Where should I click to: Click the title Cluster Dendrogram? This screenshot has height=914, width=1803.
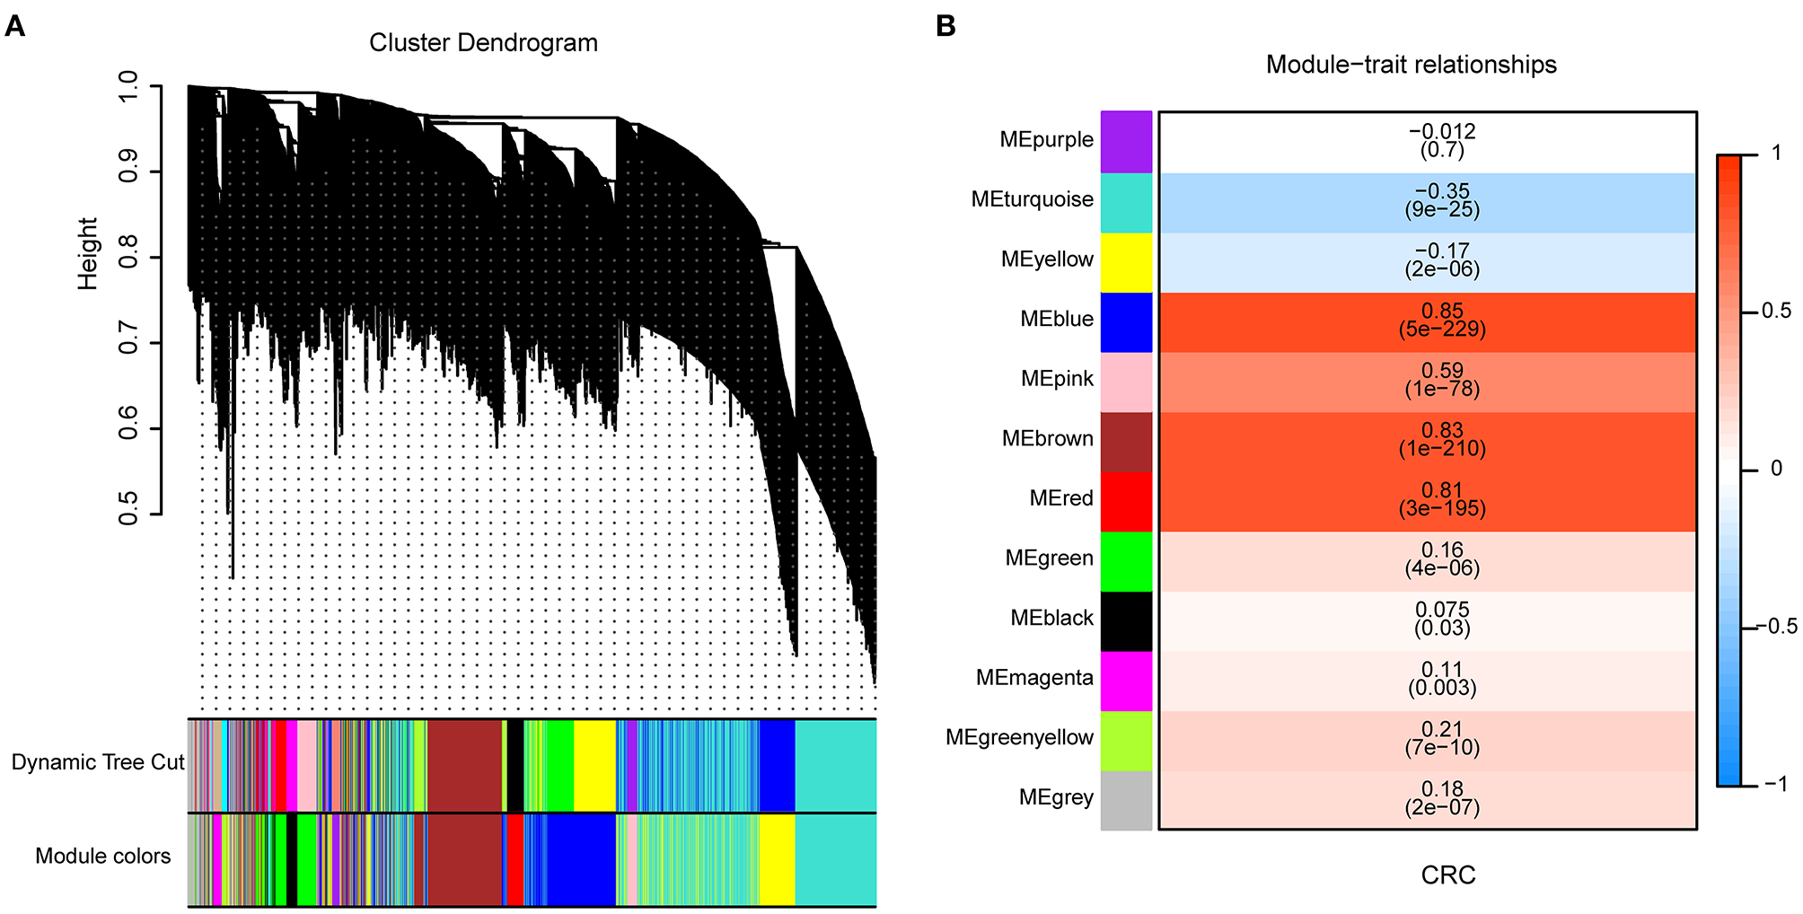(483, 43)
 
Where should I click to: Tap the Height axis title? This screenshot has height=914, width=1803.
(87, 253)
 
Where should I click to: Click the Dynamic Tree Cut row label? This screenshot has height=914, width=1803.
(97, 762)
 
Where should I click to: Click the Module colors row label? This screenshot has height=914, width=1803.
(102, 857)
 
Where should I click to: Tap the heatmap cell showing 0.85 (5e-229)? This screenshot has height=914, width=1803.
(1428, 321)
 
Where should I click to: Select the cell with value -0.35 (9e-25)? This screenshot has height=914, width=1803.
(1428, 202)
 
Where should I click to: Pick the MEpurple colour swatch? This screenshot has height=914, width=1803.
(1126, 142)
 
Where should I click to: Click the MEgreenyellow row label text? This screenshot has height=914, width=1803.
(1019, 738)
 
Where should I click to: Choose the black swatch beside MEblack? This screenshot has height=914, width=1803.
(1126, 620)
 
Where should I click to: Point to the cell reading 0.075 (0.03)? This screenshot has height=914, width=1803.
(1428, 620)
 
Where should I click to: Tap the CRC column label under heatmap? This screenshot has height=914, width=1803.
(1447, 875)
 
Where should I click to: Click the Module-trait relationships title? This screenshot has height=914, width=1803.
(1411, 65)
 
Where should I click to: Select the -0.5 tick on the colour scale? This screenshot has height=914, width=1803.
(1776, 627)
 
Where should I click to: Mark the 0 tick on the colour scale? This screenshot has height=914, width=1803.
(1776, 469)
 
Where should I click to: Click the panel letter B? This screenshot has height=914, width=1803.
(945, 26)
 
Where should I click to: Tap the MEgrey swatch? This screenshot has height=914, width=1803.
(1126, 800)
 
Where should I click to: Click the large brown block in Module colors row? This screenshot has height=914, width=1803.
(464, 860)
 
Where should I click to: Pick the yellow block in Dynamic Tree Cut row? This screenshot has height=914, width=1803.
(594, 765)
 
